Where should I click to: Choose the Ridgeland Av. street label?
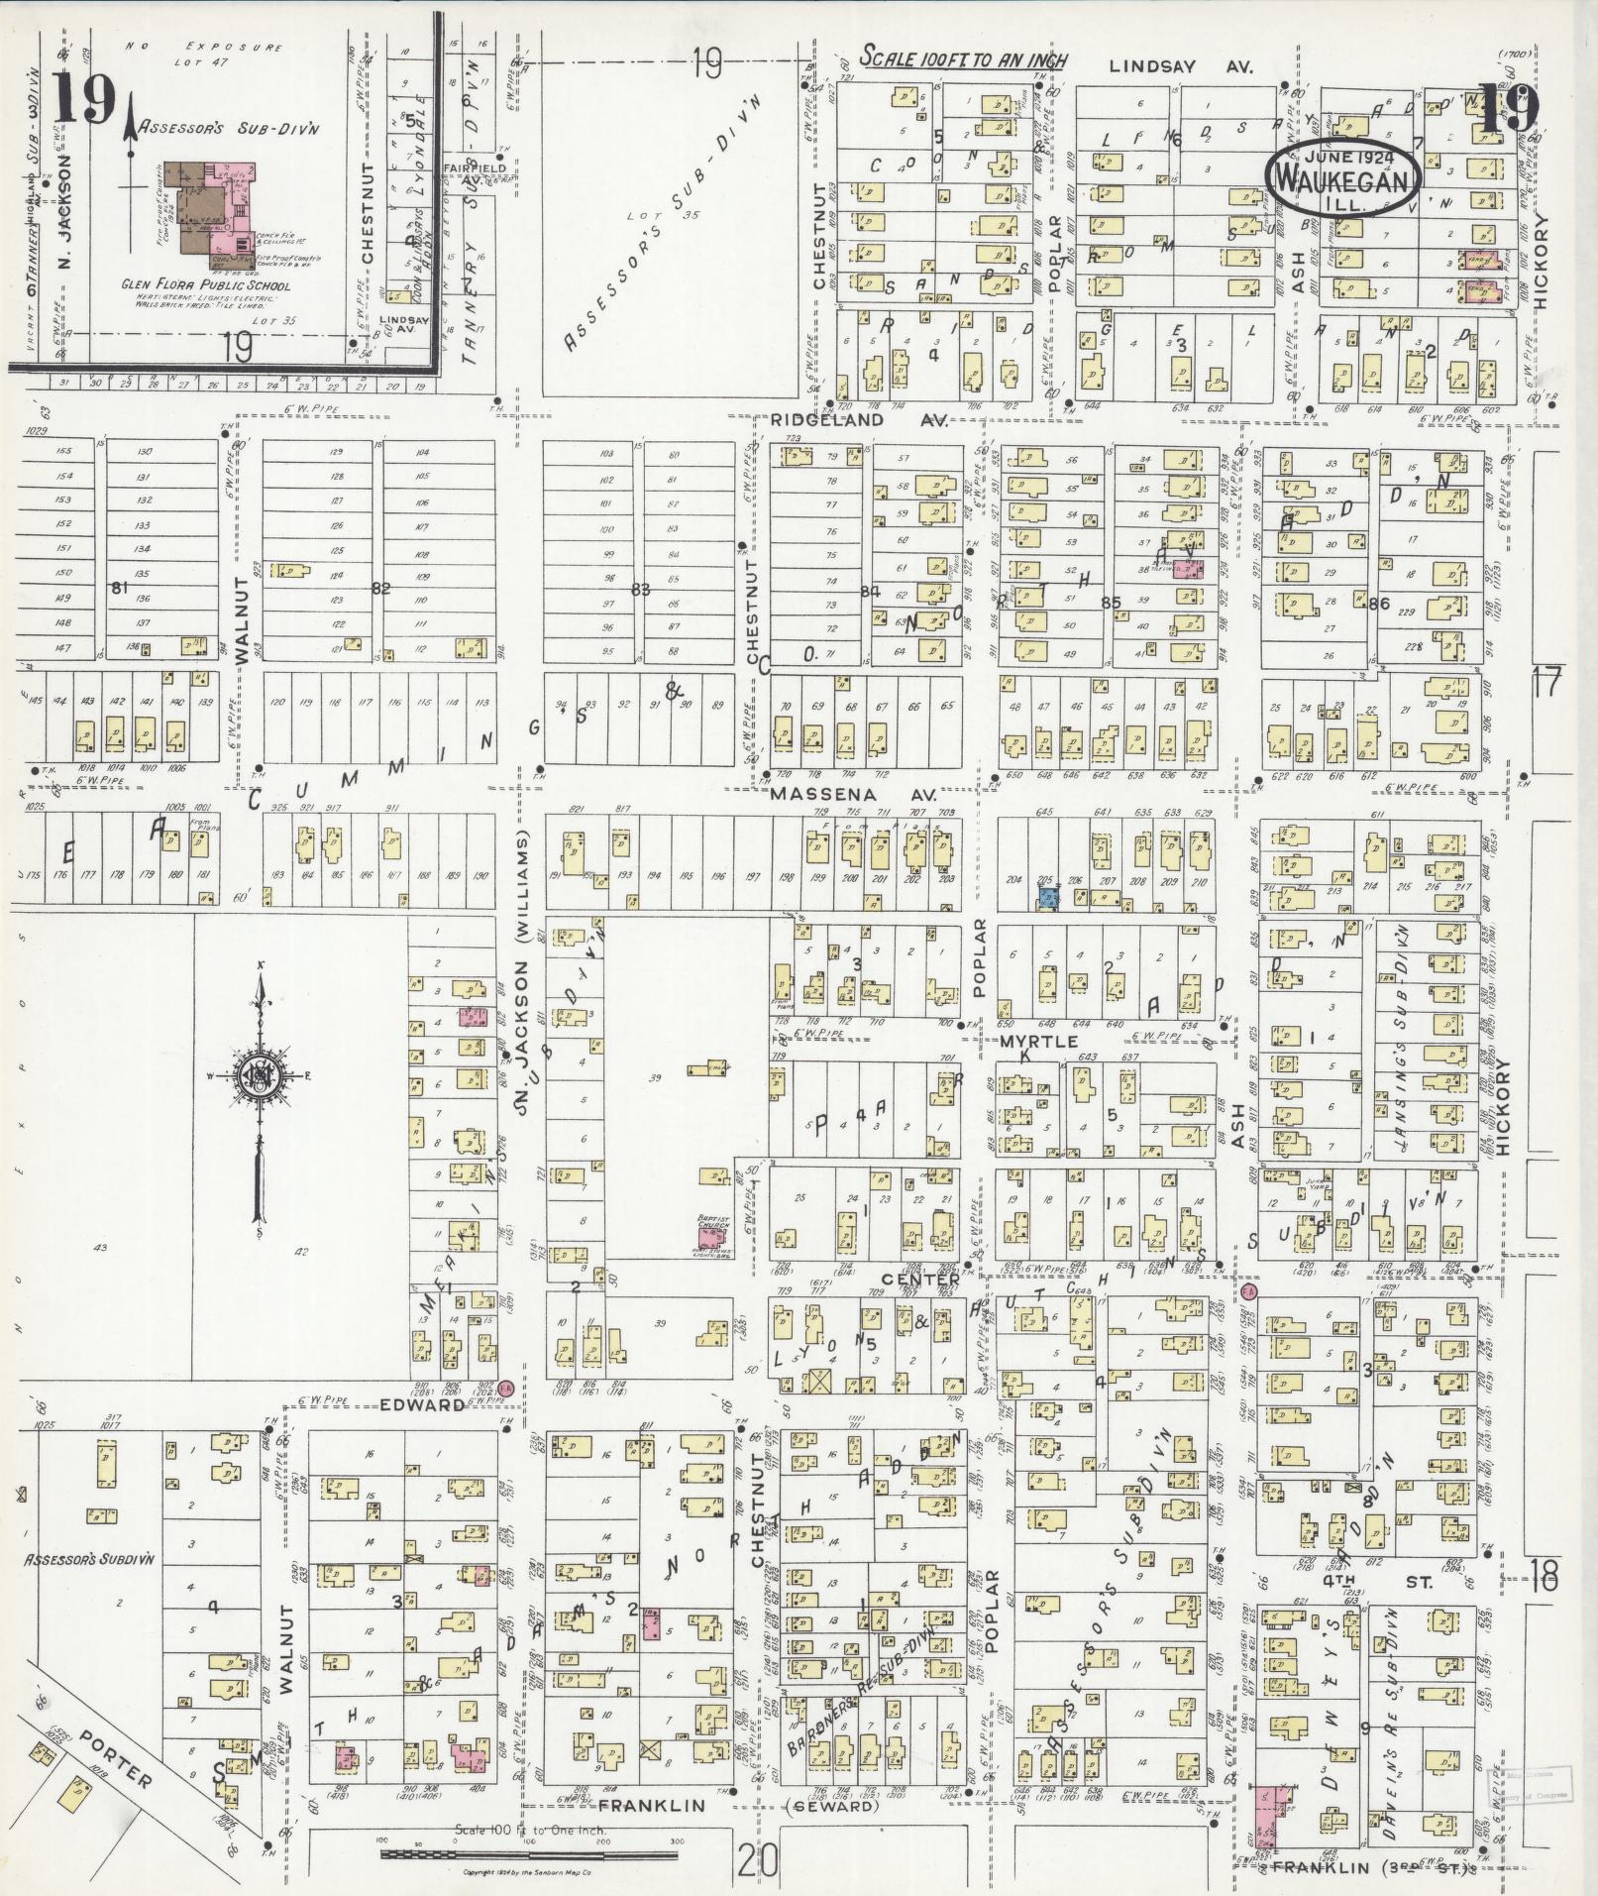pyautogui.click(x=879, y=420)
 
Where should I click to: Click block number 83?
pyautogui.click(x=641, y=589)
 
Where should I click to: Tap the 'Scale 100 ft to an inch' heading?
pyautogui.click(x=963, y=58)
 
